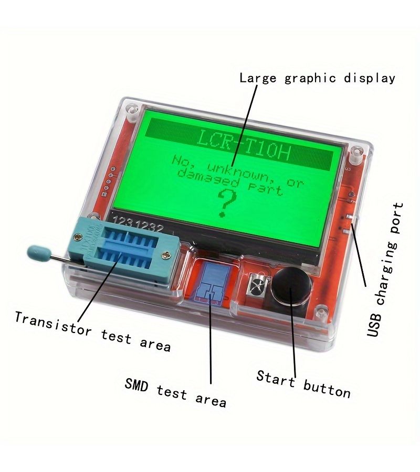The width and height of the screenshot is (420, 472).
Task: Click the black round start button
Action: [291, 286]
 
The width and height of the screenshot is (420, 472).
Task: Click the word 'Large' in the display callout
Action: [258, 78]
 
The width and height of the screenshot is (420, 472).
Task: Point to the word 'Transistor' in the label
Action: [53, 324]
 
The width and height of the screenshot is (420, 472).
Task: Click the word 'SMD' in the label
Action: [137, 385]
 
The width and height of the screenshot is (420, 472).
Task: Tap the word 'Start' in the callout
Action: [276, 378]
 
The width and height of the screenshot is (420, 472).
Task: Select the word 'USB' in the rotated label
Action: [374, 325]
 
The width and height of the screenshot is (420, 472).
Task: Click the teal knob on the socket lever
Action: [38, 252]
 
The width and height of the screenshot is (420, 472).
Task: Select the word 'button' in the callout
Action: [327, 390]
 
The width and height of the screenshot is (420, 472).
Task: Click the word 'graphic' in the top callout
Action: [310, 79]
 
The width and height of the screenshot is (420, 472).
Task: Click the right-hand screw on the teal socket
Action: [166, 255]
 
